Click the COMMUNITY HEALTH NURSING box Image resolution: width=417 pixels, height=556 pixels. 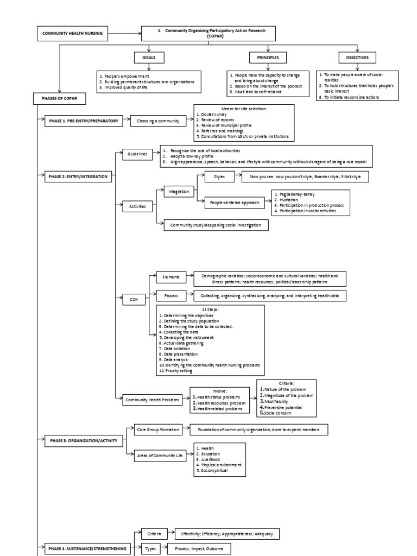point(72,34)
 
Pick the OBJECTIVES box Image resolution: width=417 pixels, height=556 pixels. point(357,57)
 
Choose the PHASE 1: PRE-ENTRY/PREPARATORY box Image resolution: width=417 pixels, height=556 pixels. point(82,121)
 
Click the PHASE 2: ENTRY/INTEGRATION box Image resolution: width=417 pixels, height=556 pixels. point(78,176)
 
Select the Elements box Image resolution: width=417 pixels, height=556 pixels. point(171,276)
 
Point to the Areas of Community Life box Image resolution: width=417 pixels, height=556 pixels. point(158,456)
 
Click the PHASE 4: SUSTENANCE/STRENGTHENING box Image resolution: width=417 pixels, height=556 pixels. point(86,549)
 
